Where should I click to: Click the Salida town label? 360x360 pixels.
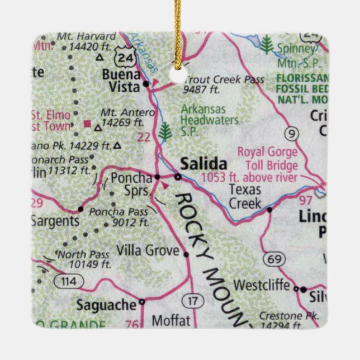point(203,164)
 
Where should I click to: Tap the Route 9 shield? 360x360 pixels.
point(291,133)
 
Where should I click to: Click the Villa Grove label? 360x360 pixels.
point(148,251)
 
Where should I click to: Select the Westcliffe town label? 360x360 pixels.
point(262,285)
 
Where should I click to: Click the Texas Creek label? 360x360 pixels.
point(245,196)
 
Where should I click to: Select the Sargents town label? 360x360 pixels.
point(54,221)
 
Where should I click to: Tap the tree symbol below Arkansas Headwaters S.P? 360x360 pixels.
point(164,132)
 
